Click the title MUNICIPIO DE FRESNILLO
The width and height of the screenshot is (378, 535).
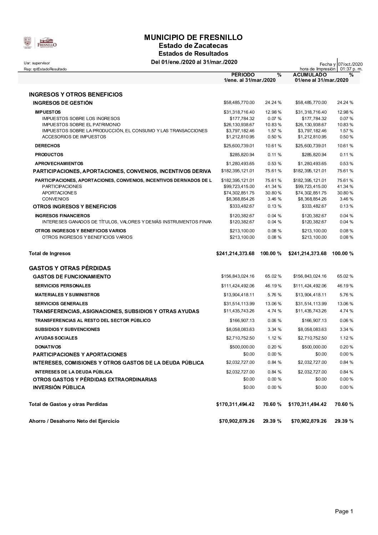[193, 38]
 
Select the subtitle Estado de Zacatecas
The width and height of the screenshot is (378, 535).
[193, 46]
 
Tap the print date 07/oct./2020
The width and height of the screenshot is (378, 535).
[350, 64]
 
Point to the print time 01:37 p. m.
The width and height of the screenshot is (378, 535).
[351, 69]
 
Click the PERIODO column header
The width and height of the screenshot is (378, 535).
[243, 75]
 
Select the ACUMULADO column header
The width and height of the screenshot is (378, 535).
[309, 75]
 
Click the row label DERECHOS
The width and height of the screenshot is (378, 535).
[47, 146]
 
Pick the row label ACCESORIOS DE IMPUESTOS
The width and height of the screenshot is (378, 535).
[74, 137]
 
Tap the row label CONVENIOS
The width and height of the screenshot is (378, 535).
[55, 199]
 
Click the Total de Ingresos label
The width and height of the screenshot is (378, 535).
[50, 253]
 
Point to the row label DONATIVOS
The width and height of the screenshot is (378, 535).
[48, 347]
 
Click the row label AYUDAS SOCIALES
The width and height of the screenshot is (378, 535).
[56, 338]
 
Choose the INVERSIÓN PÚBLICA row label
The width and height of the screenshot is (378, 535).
[59, 387]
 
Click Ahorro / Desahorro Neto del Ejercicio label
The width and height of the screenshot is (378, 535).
[74, 421]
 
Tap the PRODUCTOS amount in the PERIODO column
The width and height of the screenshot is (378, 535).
[242, 155]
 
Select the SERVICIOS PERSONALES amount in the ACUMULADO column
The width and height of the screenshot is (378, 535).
[309, 286]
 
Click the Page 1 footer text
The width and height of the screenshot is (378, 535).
[344, 511]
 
